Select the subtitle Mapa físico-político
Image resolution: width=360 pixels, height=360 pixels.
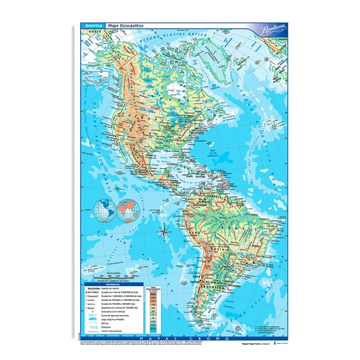[x=124, y=26]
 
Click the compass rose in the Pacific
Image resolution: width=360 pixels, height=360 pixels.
[x=164, y=229]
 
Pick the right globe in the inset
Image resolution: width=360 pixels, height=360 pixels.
[x=128, y=209]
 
